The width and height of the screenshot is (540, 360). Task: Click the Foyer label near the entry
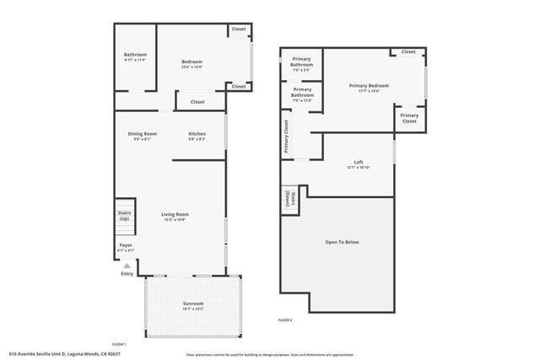[125, 247]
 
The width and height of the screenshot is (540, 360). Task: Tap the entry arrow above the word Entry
[127, 265]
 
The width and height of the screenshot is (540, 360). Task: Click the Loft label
[358, 164]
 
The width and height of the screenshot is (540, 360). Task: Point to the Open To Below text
[342, 242]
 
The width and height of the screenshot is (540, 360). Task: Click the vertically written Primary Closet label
[286, 137]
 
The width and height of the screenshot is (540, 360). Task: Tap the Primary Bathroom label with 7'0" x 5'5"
[301, 64]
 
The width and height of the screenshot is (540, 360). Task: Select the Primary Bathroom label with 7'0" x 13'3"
[301, 93]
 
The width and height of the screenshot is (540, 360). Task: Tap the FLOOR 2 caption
[285, 320]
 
